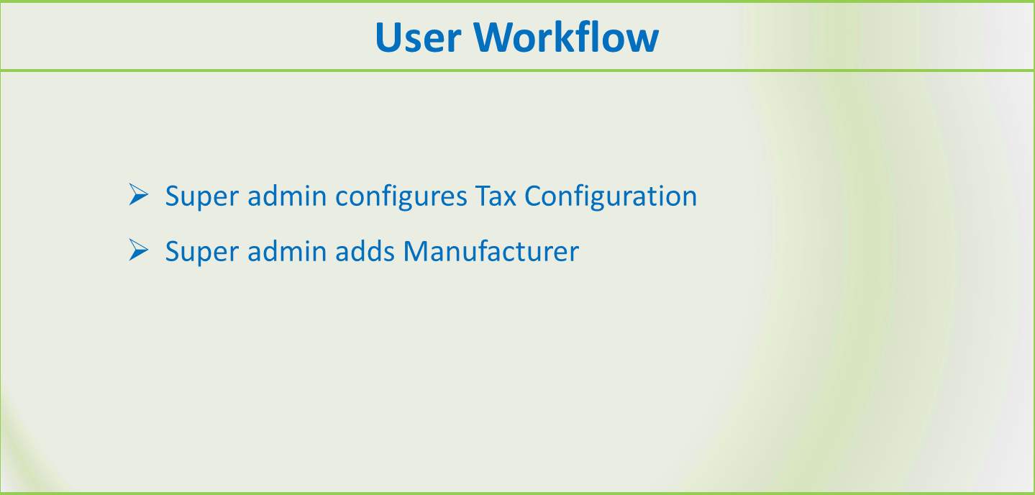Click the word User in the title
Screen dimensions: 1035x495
[418, 37]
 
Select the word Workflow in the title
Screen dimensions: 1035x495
[566, 37]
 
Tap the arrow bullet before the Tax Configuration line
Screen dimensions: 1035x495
[139, 194]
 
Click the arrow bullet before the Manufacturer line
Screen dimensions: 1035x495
[139, 250]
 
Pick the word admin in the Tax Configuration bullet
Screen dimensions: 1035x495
[287, 196]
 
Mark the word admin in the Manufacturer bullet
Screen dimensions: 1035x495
[287, 251]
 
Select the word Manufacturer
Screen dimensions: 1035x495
[491, 251]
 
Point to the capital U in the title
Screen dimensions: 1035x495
[389, 37]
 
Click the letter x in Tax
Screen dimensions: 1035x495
[509, 199]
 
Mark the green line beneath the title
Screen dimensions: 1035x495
[518, 71]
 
